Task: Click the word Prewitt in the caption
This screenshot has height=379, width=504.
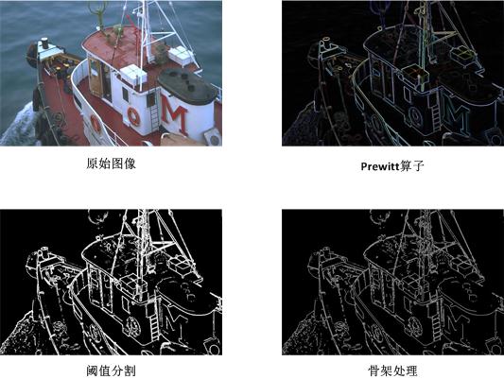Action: click(x=383, y=164)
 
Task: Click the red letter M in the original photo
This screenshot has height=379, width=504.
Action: click(x=173, y=112)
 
